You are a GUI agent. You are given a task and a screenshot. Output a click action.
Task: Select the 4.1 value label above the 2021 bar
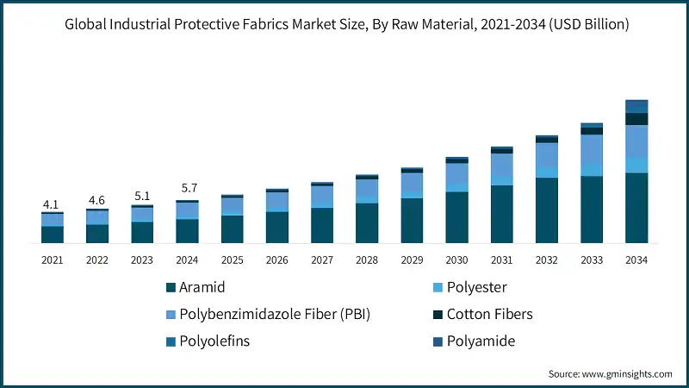[x=52, y=204]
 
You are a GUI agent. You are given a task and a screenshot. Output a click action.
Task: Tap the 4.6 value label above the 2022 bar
[x=96, y=200]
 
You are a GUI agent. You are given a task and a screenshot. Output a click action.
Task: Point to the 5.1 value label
[x=141, y=196]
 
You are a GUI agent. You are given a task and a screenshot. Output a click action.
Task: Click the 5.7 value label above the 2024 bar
[x=187, y=188]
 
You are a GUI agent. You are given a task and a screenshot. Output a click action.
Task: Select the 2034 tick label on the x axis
[x=636, y=260]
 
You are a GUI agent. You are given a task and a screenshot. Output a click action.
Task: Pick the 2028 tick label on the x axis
[x=366, y=260]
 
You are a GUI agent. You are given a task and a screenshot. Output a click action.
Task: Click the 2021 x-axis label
[x=52, y=260]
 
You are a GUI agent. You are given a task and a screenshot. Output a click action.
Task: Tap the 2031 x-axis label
[x=501, y=260]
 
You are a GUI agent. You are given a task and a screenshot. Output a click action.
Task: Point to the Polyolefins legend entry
[x=214, y=341]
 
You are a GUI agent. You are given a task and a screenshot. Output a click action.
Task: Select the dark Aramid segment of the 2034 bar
[x=636, y=208]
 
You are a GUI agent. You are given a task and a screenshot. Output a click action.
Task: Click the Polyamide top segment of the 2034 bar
[x=636, y=106]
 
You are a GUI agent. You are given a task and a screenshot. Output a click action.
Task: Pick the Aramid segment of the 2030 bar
[x=456, y=217]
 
